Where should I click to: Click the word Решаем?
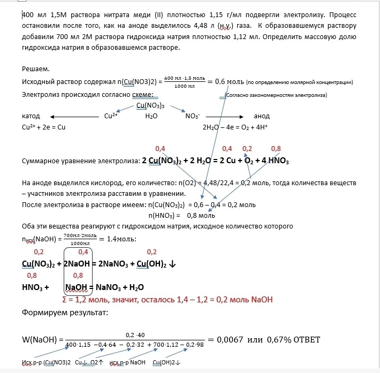click(x=35, y=69)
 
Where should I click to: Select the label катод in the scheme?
click(x=31, y=116)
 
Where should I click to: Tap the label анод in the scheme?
click(x=262, y=116)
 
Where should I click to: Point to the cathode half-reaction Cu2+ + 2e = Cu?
click(x=44, y=127)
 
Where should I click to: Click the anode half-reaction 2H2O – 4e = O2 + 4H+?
click(x=234, y=127)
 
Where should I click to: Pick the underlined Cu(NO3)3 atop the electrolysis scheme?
click(x=150, y=105)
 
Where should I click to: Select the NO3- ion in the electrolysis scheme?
click(x=192, y=116)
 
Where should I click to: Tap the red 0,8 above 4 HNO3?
click(x=276, y=148)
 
